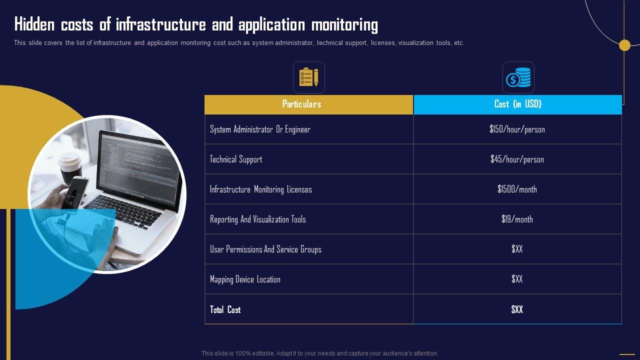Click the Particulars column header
[301, 104]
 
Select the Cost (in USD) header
[517, 104]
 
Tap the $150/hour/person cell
[517, 129]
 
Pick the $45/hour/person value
[517, 159]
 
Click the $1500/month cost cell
[517, 189]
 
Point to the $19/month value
[517, 219]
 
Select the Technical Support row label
[236, 159]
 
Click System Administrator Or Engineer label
[260, 129]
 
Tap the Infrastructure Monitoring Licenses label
[260, 189]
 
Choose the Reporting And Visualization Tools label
[257, 219]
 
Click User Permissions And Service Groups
[265, 249]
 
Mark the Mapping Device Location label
[245, 279]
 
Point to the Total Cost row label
[225, 309]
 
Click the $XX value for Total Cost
[517, 309]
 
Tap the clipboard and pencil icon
[308, 77]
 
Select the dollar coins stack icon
[518, 77]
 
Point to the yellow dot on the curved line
[624, 45]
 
